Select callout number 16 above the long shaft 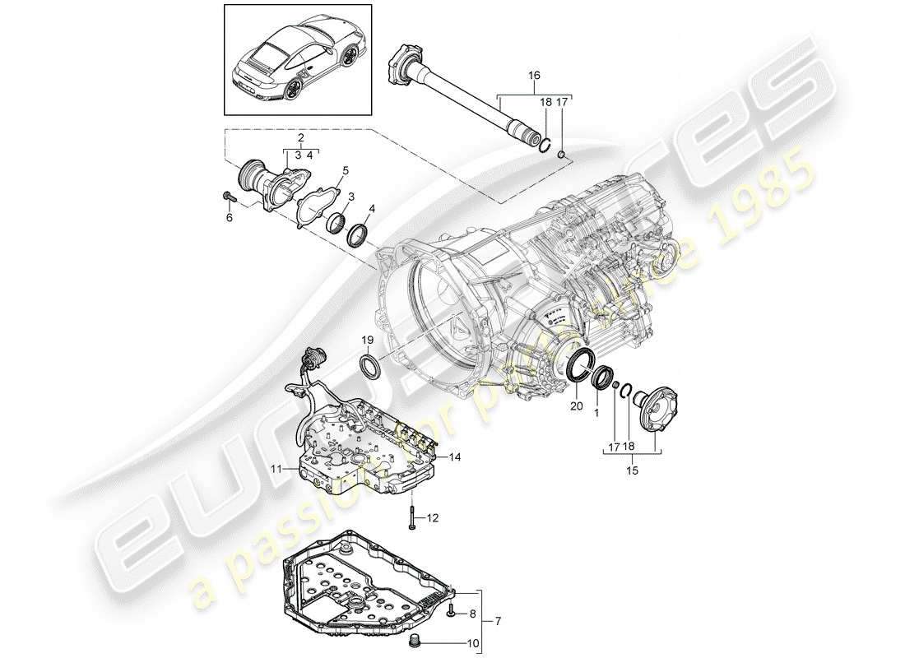pyautogui.click(x=534, y=75)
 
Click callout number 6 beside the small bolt pyautogui.click(x=230, y=217)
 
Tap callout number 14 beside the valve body pyautogui.click(x=454, y=456)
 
